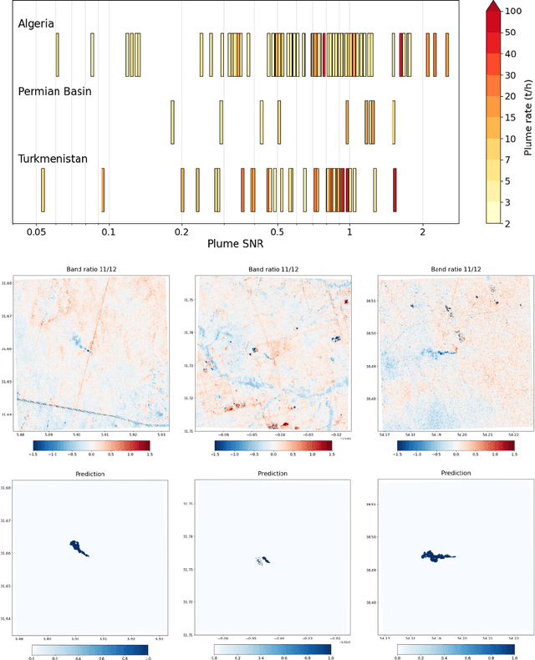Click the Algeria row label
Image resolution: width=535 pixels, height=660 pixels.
36,23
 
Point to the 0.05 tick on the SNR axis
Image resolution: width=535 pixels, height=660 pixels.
36,231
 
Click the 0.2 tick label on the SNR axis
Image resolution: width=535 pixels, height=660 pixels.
181,231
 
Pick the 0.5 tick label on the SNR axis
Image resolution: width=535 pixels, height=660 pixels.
278,231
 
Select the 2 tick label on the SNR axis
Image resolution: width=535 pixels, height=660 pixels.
423,231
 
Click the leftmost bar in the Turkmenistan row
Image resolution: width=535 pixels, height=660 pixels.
43,190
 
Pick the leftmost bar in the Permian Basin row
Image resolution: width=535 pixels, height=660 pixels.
172,121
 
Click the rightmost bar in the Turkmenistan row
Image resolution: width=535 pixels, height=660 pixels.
395,190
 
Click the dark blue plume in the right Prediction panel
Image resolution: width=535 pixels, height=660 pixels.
436,555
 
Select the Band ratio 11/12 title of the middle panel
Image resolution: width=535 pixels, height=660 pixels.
266,269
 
